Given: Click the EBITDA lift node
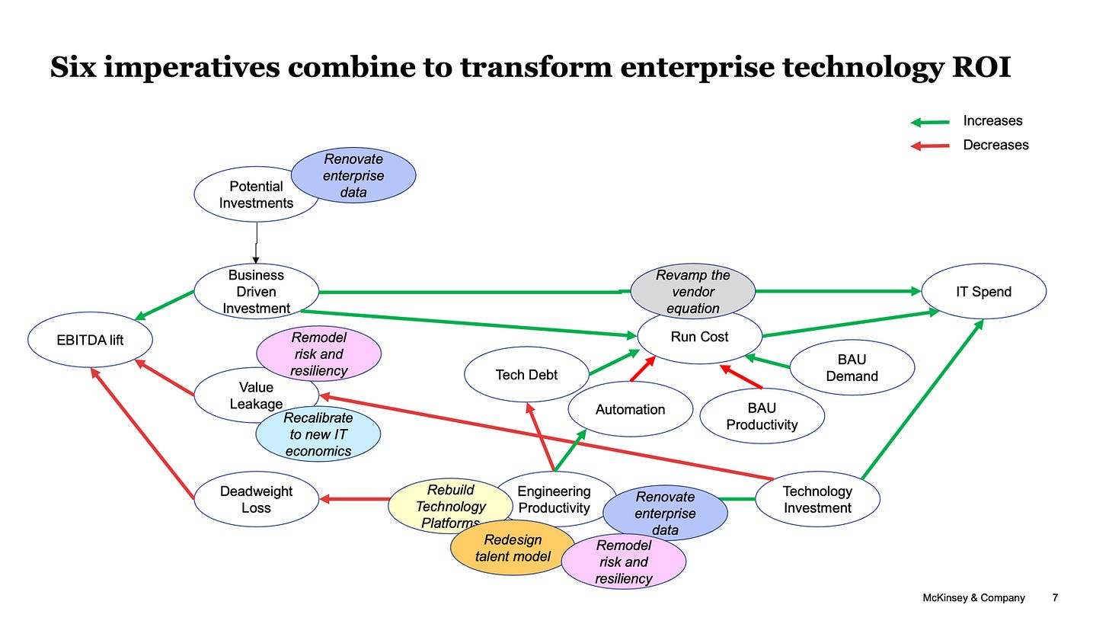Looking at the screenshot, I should tap(90, 340).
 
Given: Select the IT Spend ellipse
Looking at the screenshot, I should tap(983, 292).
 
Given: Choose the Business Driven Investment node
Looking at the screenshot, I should tap(256, 292).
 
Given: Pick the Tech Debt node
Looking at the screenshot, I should tap(526, 374).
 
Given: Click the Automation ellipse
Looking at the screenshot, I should tap(630, 410).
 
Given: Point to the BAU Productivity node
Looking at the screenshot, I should tap(762, 417).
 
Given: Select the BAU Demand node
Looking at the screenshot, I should tap(852, 368).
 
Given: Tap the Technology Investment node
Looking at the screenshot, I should tap(817, 500).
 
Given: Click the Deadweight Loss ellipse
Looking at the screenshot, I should tap(256, 500).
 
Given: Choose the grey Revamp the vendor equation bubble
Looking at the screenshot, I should tap(692, 291).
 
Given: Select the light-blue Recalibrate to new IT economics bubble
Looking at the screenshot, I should tap(318, 434).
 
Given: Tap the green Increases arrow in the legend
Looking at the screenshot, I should tap(930, 122).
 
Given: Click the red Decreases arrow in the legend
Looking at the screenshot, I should tap(930, 146).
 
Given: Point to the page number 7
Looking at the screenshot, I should tap(1055, 598).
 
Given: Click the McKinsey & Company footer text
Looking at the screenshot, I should tap(973, 598).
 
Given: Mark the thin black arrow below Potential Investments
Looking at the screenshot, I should tap(256, 242).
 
